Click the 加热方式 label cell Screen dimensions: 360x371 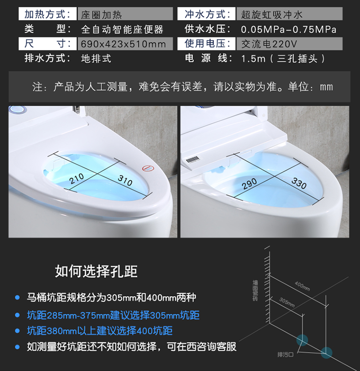point(48,14)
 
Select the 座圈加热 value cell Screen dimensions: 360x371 point(125,14)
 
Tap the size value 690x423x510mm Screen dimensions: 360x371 point(123,44)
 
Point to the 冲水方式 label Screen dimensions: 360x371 point(206,14)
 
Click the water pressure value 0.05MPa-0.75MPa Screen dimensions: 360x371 point(288,29)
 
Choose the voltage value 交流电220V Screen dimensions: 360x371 point(269,44)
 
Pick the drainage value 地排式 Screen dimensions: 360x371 point(96,59)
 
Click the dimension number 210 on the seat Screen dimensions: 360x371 point(77,179)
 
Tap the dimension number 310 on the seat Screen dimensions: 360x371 point(125,180)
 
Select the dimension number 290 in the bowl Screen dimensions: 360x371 point(250,183)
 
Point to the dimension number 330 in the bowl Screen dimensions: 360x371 point(299,183)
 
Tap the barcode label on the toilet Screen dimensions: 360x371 point(192,160)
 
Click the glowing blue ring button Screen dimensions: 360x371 point(18,109)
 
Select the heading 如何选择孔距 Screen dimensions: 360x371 point(96,271)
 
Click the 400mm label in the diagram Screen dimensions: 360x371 point(302,286)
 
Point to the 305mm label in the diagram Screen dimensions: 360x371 point(287,302)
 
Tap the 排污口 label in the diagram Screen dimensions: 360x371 point(286,354)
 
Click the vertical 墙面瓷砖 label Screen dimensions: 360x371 point(255,290)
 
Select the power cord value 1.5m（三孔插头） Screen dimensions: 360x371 point(283,59)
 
